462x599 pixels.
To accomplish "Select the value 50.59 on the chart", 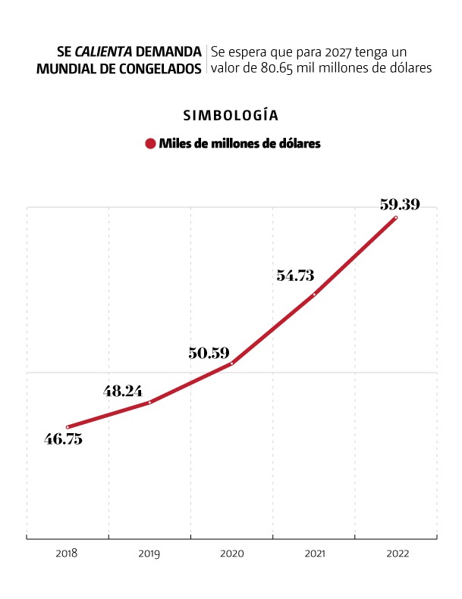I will [209, 352].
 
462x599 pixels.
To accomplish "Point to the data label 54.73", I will [295, 276].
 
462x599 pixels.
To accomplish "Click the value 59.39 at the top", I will [399, 204].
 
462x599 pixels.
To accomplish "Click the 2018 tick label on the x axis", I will [67, 554].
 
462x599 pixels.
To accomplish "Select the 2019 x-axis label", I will [149, 554].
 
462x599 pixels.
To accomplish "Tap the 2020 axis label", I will [231, 554].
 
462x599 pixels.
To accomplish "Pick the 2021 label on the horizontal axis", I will [313, 554].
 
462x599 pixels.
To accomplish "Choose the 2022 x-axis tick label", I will [398, 554].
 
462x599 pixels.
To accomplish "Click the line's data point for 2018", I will [68, 427].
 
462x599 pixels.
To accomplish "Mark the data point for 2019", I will [149, 402].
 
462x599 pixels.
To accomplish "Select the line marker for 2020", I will [231, 363].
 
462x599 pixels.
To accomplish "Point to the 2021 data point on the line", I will [314, 295].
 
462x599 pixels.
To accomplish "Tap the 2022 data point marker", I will [395, 218].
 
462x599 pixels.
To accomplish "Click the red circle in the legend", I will [151, 144].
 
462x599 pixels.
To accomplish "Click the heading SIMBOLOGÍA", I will [231, 116].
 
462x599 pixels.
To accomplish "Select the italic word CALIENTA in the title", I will [104, 51].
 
